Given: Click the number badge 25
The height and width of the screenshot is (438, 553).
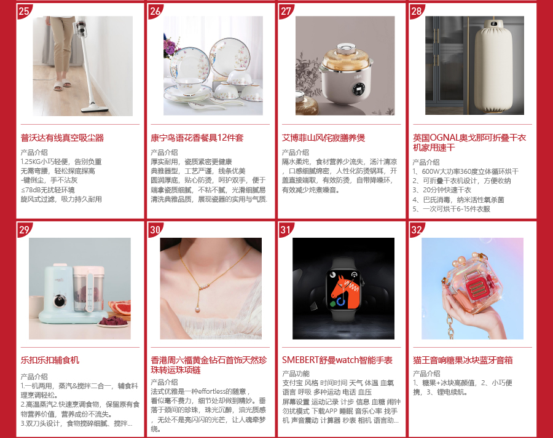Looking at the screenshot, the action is (x=23, y=11).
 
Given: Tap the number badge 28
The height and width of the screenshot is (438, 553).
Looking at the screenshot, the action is (x=417, y=11).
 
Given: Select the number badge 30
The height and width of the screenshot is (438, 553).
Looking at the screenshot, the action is (x=155, y=230).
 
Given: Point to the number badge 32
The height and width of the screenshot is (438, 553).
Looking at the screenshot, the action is (x=417, y=230).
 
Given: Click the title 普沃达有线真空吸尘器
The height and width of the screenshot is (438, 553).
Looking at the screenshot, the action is (x=63, y=138).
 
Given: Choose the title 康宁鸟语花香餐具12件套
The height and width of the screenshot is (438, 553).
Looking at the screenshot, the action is (x=197, y=138).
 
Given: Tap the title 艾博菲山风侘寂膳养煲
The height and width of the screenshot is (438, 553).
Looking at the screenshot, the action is (x=323, y=138).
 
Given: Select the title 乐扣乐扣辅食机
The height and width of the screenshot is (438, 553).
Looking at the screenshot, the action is (x=50, y=360).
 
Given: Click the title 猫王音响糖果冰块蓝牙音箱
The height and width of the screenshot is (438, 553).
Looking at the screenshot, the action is (x=463, y=360).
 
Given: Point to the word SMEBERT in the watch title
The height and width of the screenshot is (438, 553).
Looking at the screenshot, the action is (x=300, y=360).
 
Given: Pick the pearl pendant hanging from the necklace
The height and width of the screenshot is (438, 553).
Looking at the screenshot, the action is (x=197, y=309).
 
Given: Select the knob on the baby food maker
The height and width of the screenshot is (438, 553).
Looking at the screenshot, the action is (x=60, y=302).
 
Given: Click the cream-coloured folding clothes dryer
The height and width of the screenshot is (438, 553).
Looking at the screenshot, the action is (x=494, y=66).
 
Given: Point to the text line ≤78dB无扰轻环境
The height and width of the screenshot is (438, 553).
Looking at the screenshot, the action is (x=47, y=190).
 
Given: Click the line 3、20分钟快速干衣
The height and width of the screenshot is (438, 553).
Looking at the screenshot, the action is (x=442, y=190).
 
